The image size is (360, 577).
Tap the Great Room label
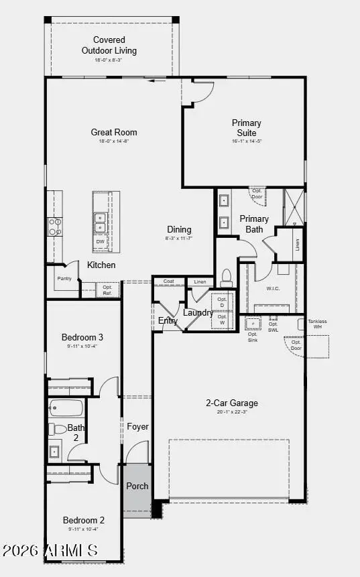pyautogui.click(x=114, y=132)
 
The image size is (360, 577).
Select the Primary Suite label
pyautogui.click(x=246, y=127)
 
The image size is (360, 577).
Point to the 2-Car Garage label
pyautogui.click(x=231, y=403)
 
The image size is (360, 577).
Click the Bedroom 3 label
pyautogui.click(x=82, y=337)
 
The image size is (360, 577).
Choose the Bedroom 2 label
pyautogui.click(x=83, y=519)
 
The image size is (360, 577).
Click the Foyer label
pyautogui.click(x=137, y=426)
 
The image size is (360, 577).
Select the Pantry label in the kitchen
pyautogui.click(x=64, y=278)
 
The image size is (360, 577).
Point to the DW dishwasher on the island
pyautogui.click(x=100, y=241)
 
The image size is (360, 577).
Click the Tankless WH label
pyautogui.click(x=317, y=324)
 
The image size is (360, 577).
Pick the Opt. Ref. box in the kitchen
pyautogui.click(x=107, y=290)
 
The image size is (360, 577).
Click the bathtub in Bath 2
pyautogui.click(x=66, y=407)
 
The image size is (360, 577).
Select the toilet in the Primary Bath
pyautogui.click(x=227, y=277)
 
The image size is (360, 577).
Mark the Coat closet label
pyautogui.click(x=169, y=281)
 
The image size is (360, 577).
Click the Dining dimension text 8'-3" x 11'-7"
pyautogui.click(x=179, y=239)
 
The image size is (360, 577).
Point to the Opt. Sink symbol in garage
pyautogui.click(x=253, y=324)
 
